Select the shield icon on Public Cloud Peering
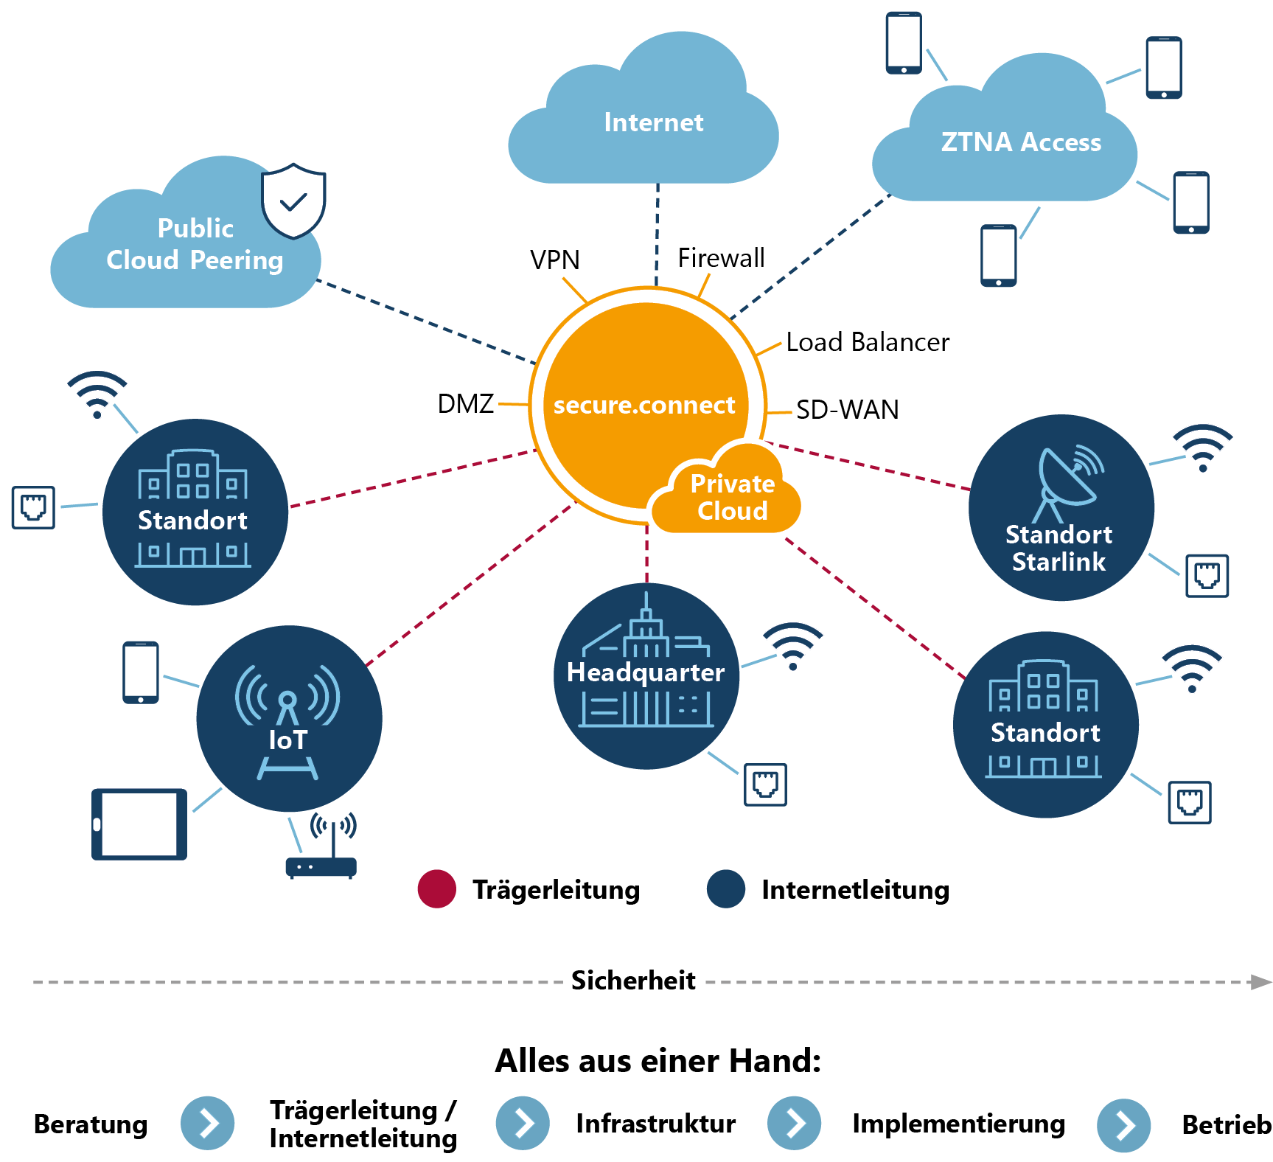point(293,201)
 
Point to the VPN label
point(554,260)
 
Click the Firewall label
point(721,258)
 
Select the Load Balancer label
point(868,342)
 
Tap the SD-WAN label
point(847,410)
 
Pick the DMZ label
point(465,404)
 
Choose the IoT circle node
point(289,719)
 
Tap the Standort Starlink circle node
point(1061,508)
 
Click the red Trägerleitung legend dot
point(436,889)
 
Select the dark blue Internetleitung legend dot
point(725,889)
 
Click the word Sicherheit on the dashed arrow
point(633,981)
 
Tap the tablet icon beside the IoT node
point(139,824)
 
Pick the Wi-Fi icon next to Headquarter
point(792,645)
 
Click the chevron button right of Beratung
point(208,1123)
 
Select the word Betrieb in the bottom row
point(1226,1124)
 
